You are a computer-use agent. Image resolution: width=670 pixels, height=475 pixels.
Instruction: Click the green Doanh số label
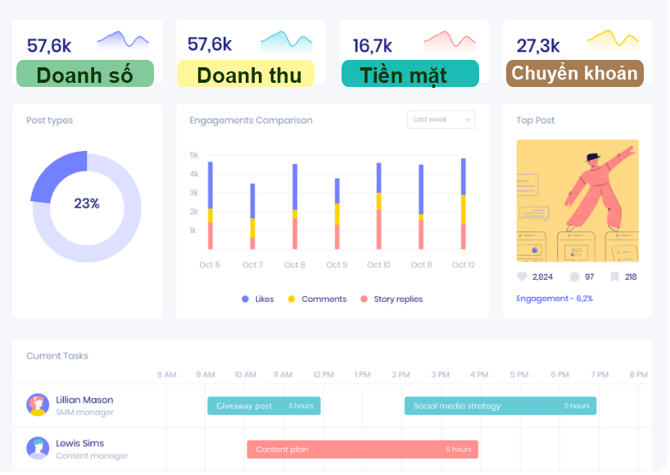[x=84, y=74]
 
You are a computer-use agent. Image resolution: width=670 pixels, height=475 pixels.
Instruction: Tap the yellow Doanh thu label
[x=246, y=74]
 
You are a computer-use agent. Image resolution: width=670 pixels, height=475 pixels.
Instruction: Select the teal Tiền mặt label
[x=410, y=74]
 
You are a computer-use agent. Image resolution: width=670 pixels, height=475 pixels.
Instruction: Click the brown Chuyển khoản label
[x=574, y=73]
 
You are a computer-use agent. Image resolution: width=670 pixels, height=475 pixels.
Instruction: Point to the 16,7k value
[x=373, y=46]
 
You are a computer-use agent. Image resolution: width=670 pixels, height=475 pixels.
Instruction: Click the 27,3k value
[x=538, y=46]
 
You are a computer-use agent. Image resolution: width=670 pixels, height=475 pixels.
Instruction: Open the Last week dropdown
[x=441, y=120]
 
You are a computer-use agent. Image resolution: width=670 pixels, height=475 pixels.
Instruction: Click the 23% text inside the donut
[x=87, y=203]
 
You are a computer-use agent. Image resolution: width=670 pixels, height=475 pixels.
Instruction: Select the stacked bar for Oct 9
[x=337, y=213]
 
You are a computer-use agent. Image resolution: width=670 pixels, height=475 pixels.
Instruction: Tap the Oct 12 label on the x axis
[x=464, y=265]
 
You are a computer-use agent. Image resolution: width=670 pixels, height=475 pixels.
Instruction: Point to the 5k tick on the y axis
[x=194, y=155]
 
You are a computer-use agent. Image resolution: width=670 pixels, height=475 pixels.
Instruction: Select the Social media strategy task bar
[x=500, y=406]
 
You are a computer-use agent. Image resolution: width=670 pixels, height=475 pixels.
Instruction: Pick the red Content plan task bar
[x=362, y=450]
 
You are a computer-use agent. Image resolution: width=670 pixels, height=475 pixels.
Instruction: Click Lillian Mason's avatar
[x=38, y=405]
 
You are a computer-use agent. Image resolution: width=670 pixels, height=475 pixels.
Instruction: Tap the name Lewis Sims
[x=80, y=444]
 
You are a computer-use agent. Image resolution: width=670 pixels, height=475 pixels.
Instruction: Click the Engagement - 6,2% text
[x=555, y=299]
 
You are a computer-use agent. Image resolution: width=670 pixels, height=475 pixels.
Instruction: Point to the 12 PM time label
[x=323, y=375]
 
